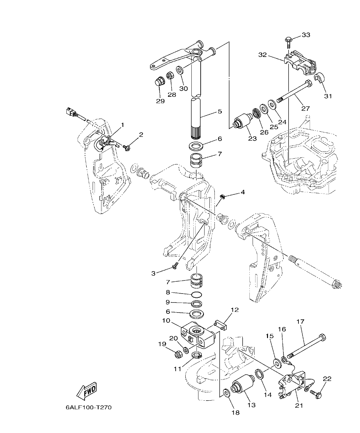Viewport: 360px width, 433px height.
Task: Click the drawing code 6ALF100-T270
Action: [x=89, y=408]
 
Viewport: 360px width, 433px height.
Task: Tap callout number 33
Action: [x=306, y=35]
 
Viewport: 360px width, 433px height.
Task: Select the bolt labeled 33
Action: [x=288, y=42]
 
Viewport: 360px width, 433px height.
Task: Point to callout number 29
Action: [x=160, y=101]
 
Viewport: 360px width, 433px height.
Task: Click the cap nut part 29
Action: [x=158, y=82]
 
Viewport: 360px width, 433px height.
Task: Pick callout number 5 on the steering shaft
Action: [x=219, y=112]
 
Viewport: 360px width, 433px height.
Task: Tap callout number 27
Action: [x=306, y=108]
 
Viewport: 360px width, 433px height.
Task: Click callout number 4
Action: [x=242, y=192]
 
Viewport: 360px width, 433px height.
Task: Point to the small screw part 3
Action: [x=175, y=266]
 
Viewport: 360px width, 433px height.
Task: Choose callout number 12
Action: [x=235, y=310]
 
